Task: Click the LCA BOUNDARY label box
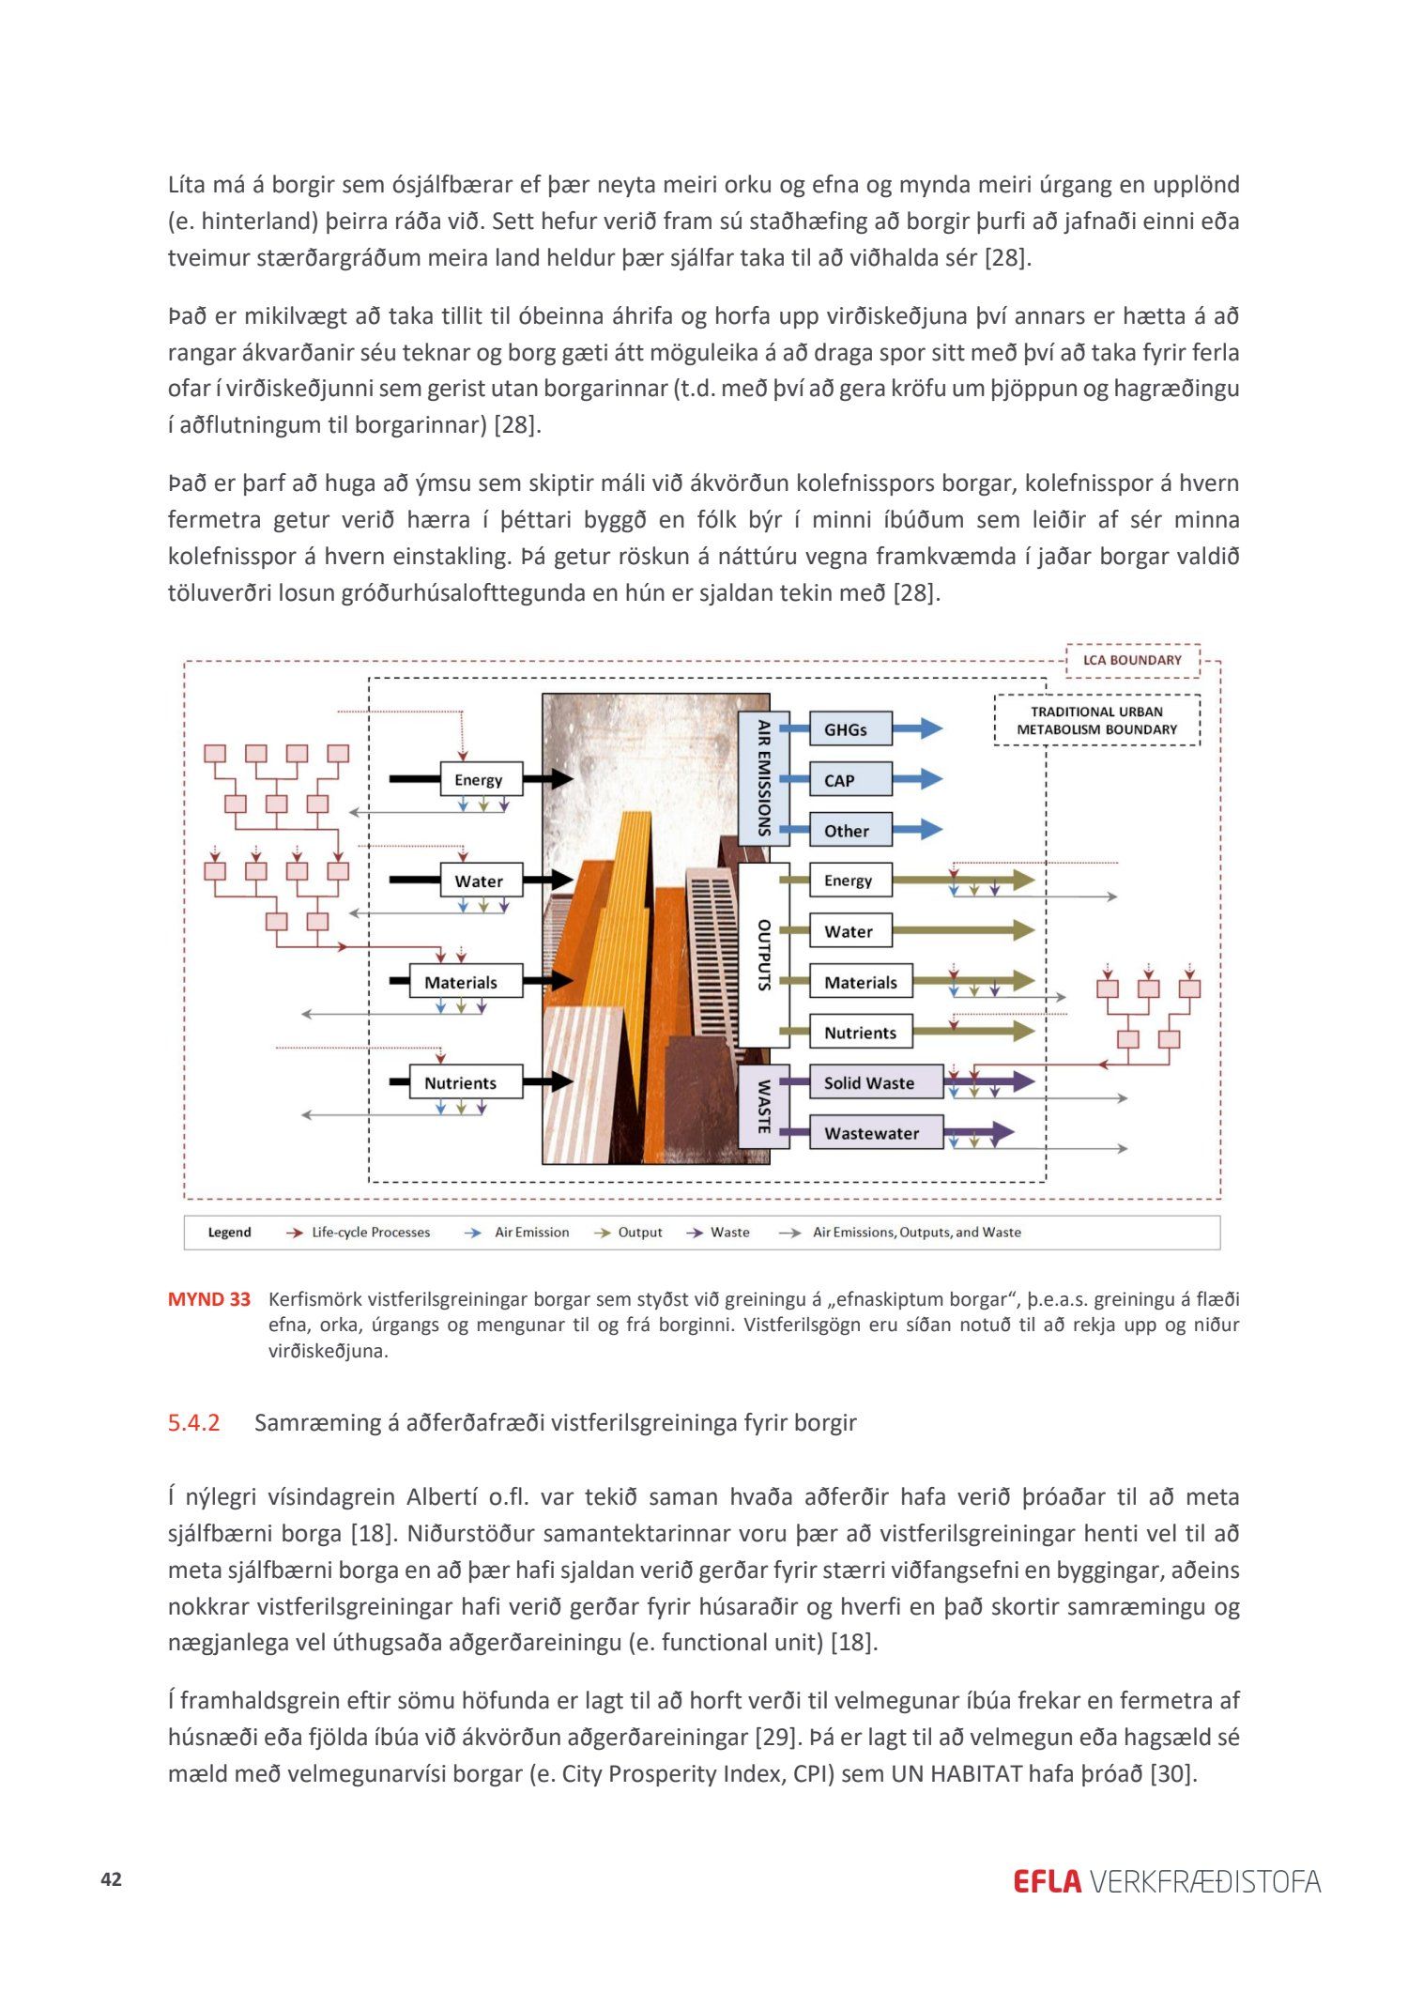(1132, 660)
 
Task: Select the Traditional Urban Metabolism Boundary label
(1096, 720)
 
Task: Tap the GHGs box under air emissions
(849, 729)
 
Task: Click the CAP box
(849, 780)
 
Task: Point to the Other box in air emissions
(849, 831)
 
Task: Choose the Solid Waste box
(875, 1082)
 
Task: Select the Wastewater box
(875, 1133)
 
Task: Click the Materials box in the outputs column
(860, 982)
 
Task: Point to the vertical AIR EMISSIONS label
(763, 777)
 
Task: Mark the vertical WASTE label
(763, 1106)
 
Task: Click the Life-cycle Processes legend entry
(370, 1233)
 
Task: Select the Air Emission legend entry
(530, 1233)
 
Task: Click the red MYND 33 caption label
(209, 1299)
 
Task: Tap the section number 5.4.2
(193, 1423)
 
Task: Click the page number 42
(111, 1878)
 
